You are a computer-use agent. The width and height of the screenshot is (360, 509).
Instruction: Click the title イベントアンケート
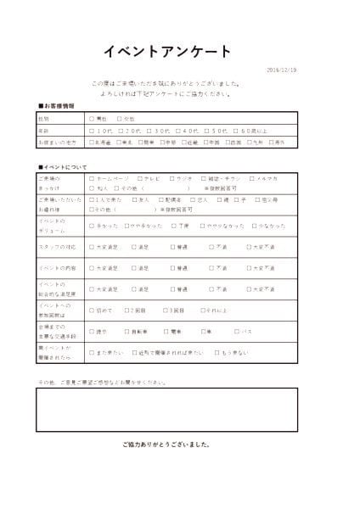click(166, 53)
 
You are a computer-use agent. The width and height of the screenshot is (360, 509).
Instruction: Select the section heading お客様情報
click(59, 106)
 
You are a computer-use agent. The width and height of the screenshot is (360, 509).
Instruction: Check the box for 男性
click(92, 119)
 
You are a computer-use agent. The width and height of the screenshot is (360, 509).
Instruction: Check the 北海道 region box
click(92, 143)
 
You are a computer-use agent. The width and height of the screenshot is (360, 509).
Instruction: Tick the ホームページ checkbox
click(92, 179)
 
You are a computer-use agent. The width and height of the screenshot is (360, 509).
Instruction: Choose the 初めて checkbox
click(92, 310)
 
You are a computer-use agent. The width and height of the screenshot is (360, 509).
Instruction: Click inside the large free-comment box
click(166, 409)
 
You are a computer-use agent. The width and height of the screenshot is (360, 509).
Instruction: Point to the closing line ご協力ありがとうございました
click(166, 445)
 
